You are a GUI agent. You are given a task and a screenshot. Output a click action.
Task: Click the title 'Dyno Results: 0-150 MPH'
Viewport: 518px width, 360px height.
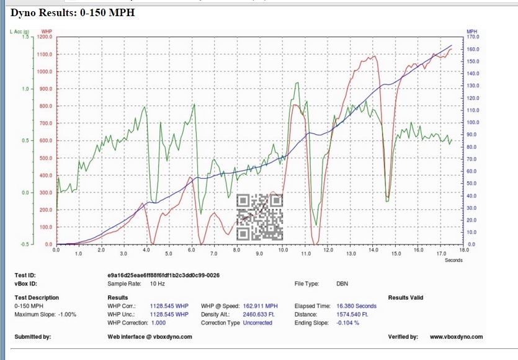tap(73, 12)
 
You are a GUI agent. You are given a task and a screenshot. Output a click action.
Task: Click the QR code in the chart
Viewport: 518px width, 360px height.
tap(260, 217)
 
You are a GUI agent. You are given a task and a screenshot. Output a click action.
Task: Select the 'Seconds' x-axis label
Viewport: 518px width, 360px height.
tap(453, 260)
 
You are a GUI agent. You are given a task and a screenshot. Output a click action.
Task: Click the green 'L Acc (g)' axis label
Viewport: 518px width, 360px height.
tap(20, 31)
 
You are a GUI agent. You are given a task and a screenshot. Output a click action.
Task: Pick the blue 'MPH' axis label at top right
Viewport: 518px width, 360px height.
tap(471, 31)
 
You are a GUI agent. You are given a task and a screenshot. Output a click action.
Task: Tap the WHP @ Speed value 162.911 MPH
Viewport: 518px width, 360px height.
tap(261, 306)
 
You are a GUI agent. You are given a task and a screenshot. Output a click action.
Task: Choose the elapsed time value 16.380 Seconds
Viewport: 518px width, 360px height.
tap(357, 306)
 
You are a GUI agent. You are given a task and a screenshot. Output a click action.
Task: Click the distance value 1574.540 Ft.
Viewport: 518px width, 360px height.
tap(353, 314)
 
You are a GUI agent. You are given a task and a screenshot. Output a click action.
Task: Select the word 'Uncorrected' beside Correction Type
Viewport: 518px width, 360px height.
tap(257, 323)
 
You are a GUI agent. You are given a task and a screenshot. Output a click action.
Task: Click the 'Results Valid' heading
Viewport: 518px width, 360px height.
tap(406, 298)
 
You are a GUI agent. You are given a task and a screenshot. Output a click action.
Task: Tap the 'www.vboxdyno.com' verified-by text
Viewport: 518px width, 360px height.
tap(456, 337)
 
